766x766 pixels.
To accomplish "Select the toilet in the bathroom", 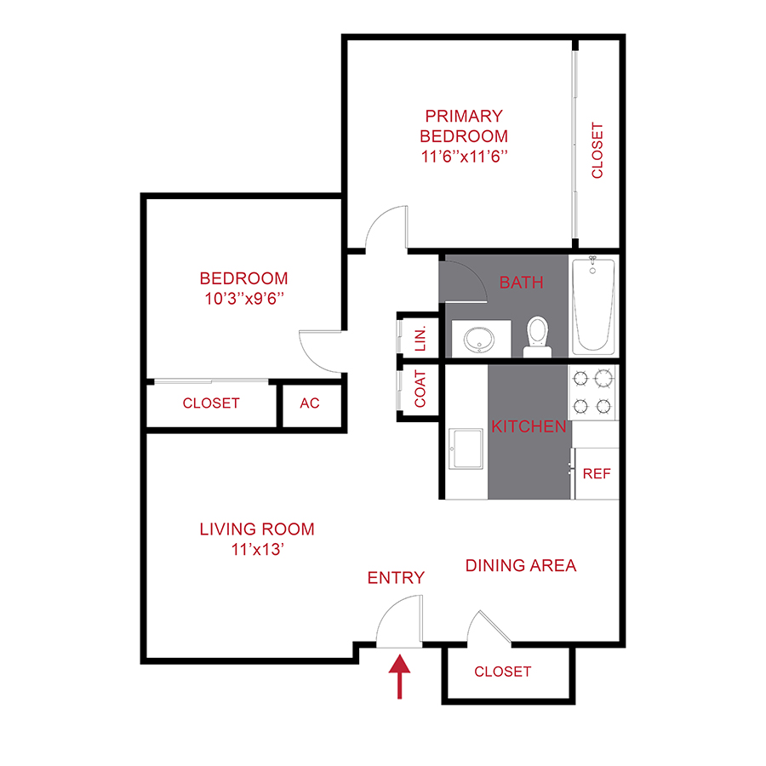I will [537, 335].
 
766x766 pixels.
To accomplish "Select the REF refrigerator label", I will [596, 474].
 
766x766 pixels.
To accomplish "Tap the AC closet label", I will [310, 403].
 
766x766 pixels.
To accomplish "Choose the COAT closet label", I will [420, 389].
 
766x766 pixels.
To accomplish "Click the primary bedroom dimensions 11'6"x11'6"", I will [464, 156].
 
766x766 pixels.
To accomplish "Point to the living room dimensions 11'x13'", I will [256, 550].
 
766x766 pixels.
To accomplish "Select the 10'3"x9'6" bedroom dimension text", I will [243, 299].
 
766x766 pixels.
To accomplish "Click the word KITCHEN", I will [529, 426].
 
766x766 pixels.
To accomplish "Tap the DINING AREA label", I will [521, 565].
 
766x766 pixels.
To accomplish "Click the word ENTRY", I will [396, 578].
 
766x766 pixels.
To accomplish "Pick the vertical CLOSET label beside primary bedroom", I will [597, 151].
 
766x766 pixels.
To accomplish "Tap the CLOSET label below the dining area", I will [502, 672].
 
